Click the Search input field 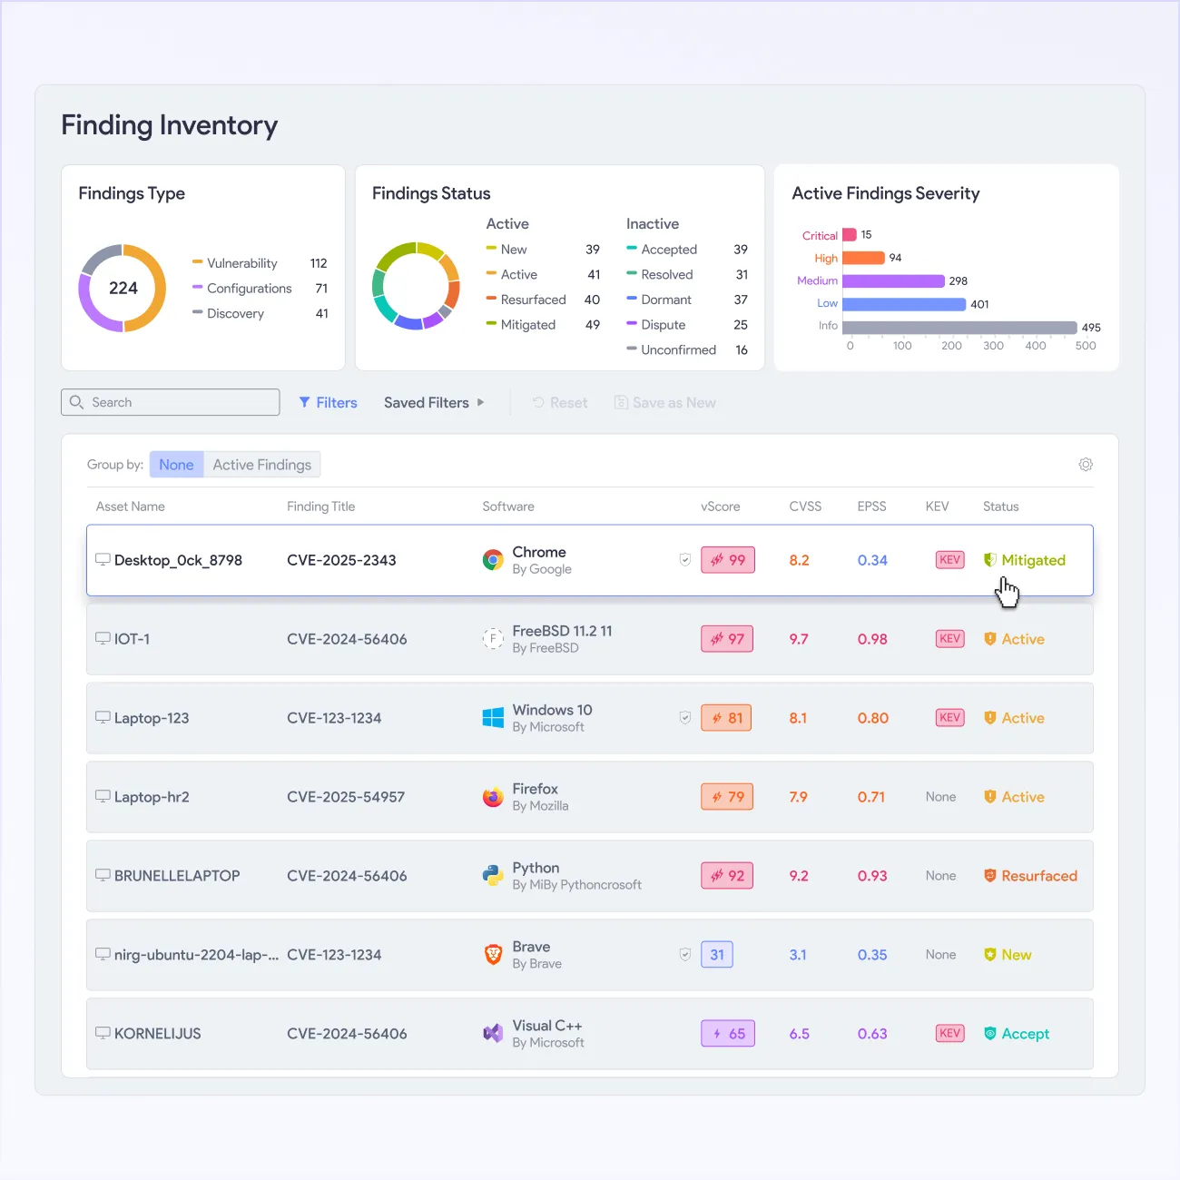(x=171, y=402)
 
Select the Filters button (x=328, y=402)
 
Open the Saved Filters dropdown (x=434, y=402)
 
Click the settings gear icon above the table (x=1085, y=464)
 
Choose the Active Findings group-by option (x=262, y=465)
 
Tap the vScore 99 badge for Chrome (x=727, y=560)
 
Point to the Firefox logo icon (x=493, y=797)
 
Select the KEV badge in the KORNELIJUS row (x=949, y=1033)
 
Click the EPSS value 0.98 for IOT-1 (x=872, y=639)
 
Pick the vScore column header (x=720, y=506)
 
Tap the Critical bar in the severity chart (x=850, y=234)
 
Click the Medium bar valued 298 (x=893, y=281)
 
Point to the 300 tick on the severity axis (x=993, y=345)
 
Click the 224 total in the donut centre (x=123, y=288)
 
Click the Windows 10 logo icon (x=493, y=718)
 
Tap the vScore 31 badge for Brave (x=717, y=954)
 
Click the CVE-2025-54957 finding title (x=346, y=797)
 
